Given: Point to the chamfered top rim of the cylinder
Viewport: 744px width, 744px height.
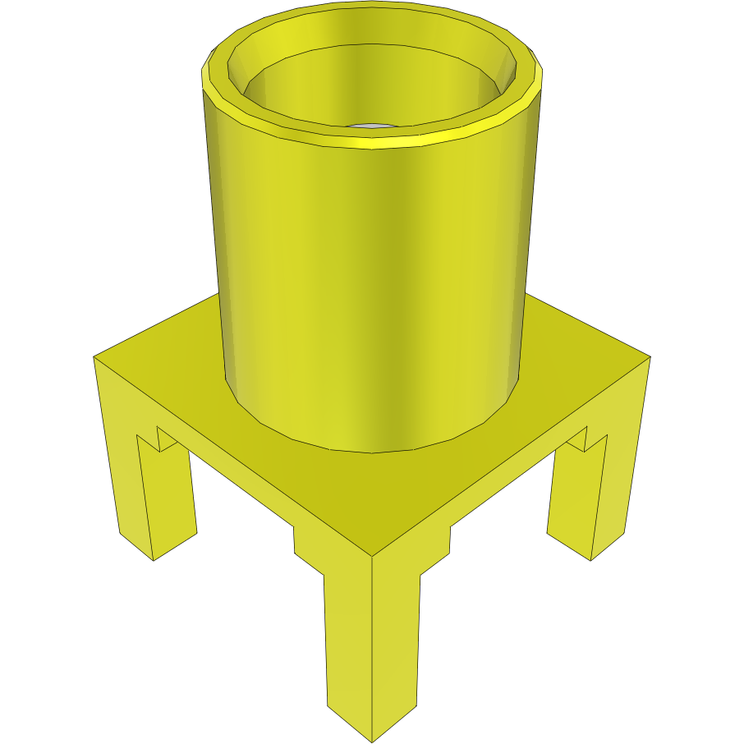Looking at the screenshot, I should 370,140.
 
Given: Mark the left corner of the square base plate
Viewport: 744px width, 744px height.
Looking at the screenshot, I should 95,357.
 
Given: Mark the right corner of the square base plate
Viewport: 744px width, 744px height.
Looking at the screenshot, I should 649,357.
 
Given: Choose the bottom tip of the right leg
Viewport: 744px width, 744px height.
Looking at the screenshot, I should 591,559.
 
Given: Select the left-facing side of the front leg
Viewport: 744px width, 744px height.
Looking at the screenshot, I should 349,641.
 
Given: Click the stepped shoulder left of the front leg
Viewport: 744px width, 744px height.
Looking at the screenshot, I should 308,550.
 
